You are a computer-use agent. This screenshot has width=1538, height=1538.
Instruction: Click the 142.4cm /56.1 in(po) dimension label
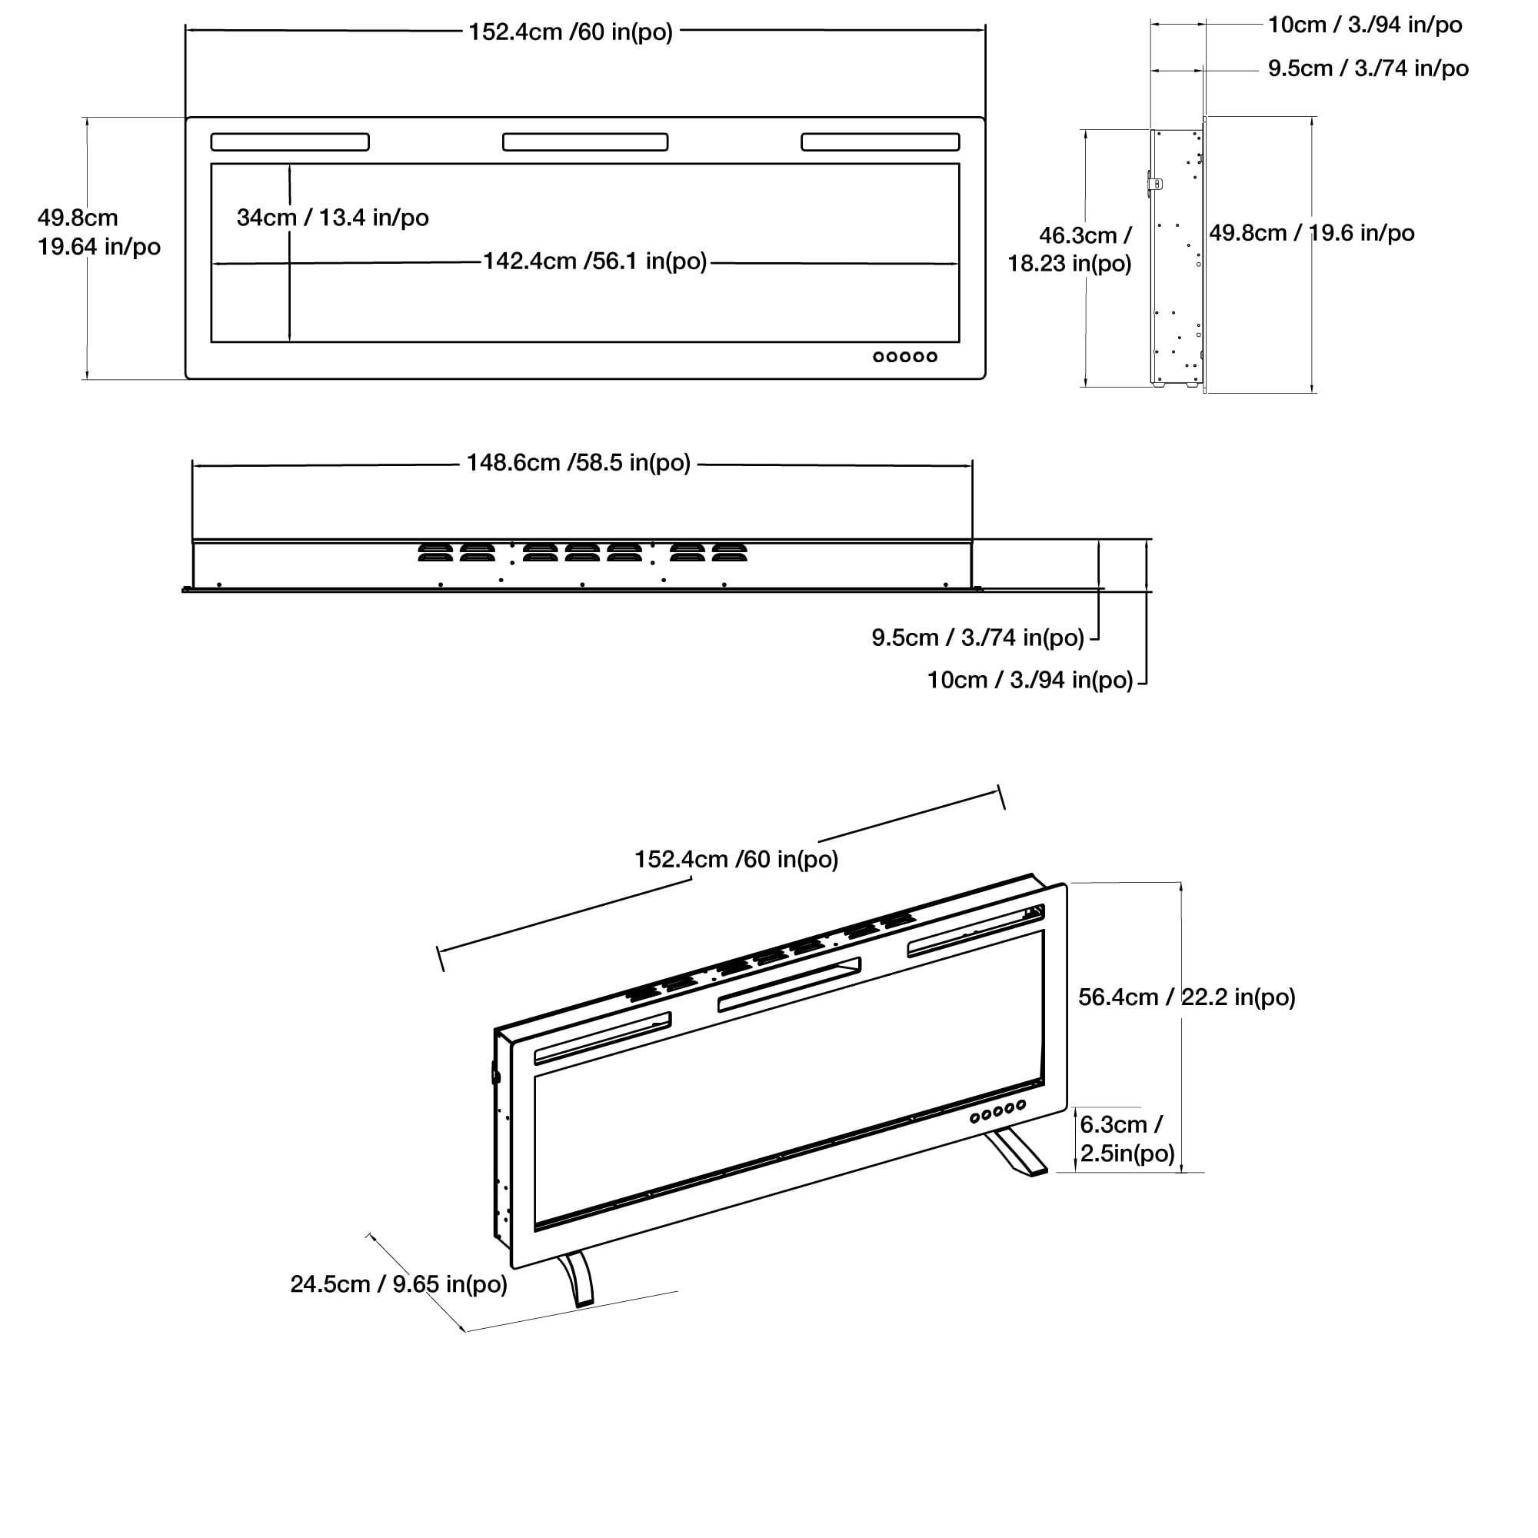[x=594, y=262]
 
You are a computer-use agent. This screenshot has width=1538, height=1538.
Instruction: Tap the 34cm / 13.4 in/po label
[x=333, y=218]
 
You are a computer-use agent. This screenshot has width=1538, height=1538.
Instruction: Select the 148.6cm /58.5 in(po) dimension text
[x=578, y=463]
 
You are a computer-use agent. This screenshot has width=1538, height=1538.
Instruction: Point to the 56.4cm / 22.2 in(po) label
[x=1186, y=997]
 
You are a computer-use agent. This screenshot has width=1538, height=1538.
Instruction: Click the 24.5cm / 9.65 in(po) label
[x=398, y=1284]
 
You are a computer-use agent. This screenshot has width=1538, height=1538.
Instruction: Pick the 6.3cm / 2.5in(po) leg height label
[x=1127, y=1139]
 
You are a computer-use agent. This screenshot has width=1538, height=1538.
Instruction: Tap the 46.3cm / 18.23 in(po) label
[x=1070, y=249]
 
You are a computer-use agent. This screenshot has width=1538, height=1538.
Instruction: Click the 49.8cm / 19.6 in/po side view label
[x=1311, y=233]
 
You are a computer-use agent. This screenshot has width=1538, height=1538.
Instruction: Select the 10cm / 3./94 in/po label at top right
[x=1364, y=25]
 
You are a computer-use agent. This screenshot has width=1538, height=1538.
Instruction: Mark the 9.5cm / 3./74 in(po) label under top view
[x=977, y=638]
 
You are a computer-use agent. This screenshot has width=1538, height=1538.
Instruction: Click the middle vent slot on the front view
[x=585, y=142]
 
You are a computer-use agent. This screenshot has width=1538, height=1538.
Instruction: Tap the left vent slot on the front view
[x=290, y=142]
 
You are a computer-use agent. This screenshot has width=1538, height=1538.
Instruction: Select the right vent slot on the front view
[x=880, y=142]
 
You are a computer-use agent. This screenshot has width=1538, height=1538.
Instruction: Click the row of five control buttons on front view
[x=905, y=357]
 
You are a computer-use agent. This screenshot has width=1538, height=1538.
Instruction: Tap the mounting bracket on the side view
[x=1154, y=184]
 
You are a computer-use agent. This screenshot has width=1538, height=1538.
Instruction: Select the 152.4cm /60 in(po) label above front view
[x=570, y=32]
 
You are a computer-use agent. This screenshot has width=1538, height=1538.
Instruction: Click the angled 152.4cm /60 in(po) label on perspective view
[x=736, y=860]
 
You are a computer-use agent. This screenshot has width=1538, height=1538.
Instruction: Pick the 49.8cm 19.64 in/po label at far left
[x=98, y=232]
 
